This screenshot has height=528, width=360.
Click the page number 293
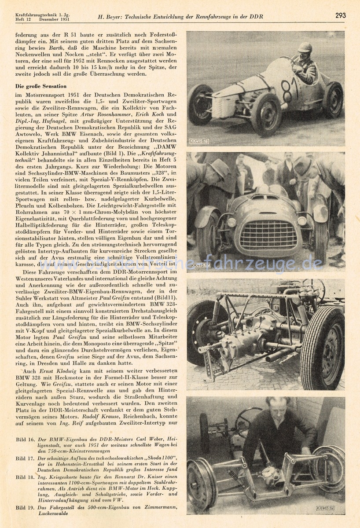pos(340,15)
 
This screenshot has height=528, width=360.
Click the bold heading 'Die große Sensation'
pos(41,86)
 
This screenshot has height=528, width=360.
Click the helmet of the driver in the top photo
pos(305,48)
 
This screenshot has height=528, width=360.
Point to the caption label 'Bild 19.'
pos(25,508)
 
